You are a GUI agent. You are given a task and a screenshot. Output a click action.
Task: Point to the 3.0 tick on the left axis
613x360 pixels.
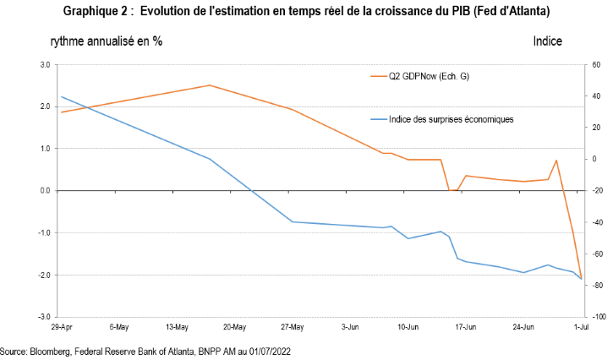44,64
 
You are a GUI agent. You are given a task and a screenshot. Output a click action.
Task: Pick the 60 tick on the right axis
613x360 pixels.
595,64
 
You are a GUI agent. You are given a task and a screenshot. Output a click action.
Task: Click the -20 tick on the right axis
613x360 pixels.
596,191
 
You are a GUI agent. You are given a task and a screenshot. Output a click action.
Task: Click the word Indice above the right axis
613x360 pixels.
547,41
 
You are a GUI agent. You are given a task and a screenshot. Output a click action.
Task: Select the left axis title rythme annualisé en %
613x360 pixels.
107,41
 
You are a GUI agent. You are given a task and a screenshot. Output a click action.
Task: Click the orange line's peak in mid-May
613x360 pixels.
210,85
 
